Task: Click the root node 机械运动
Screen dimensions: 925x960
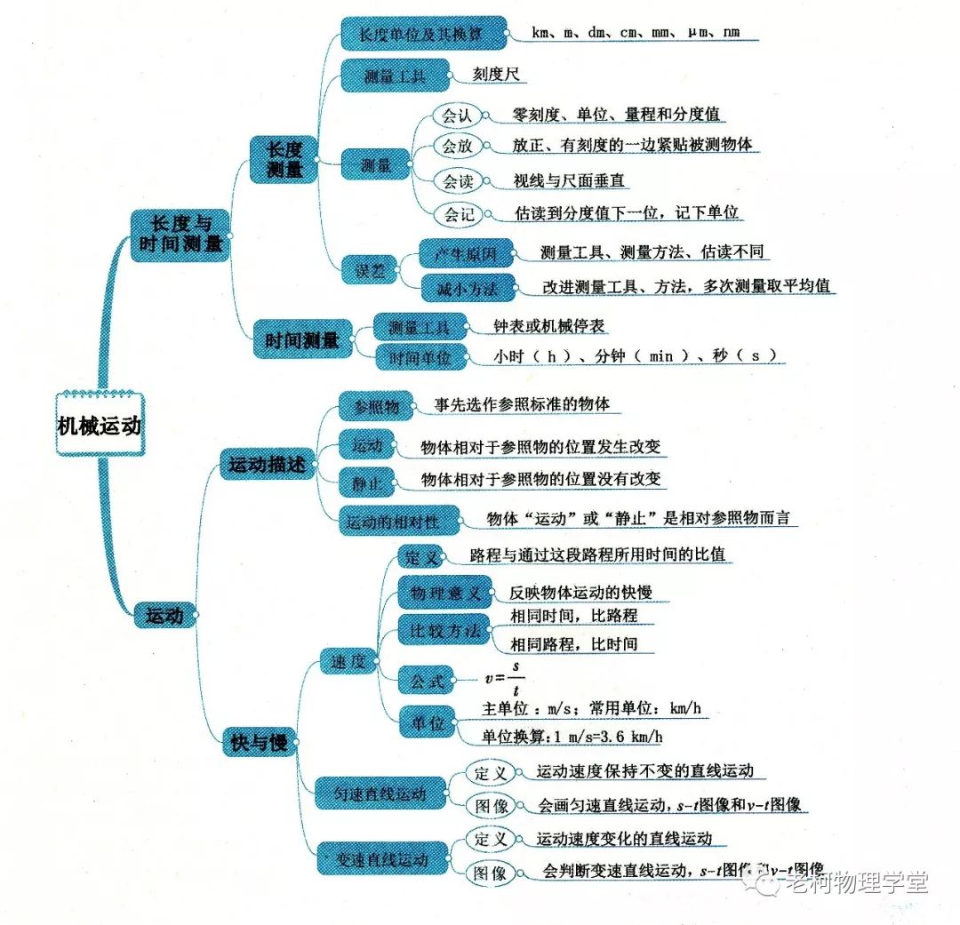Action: point(99,426)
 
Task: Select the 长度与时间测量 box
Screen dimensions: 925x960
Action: point(180,235)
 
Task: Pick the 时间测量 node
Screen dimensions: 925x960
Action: point(302,339)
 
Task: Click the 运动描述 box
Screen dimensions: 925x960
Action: point(267,464)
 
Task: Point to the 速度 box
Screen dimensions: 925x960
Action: point(348,660)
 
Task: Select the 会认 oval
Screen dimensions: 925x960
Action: point(457,116)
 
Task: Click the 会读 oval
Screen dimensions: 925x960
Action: point(459,181)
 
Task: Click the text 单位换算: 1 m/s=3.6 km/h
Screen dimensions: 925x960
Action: point(572,737)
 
